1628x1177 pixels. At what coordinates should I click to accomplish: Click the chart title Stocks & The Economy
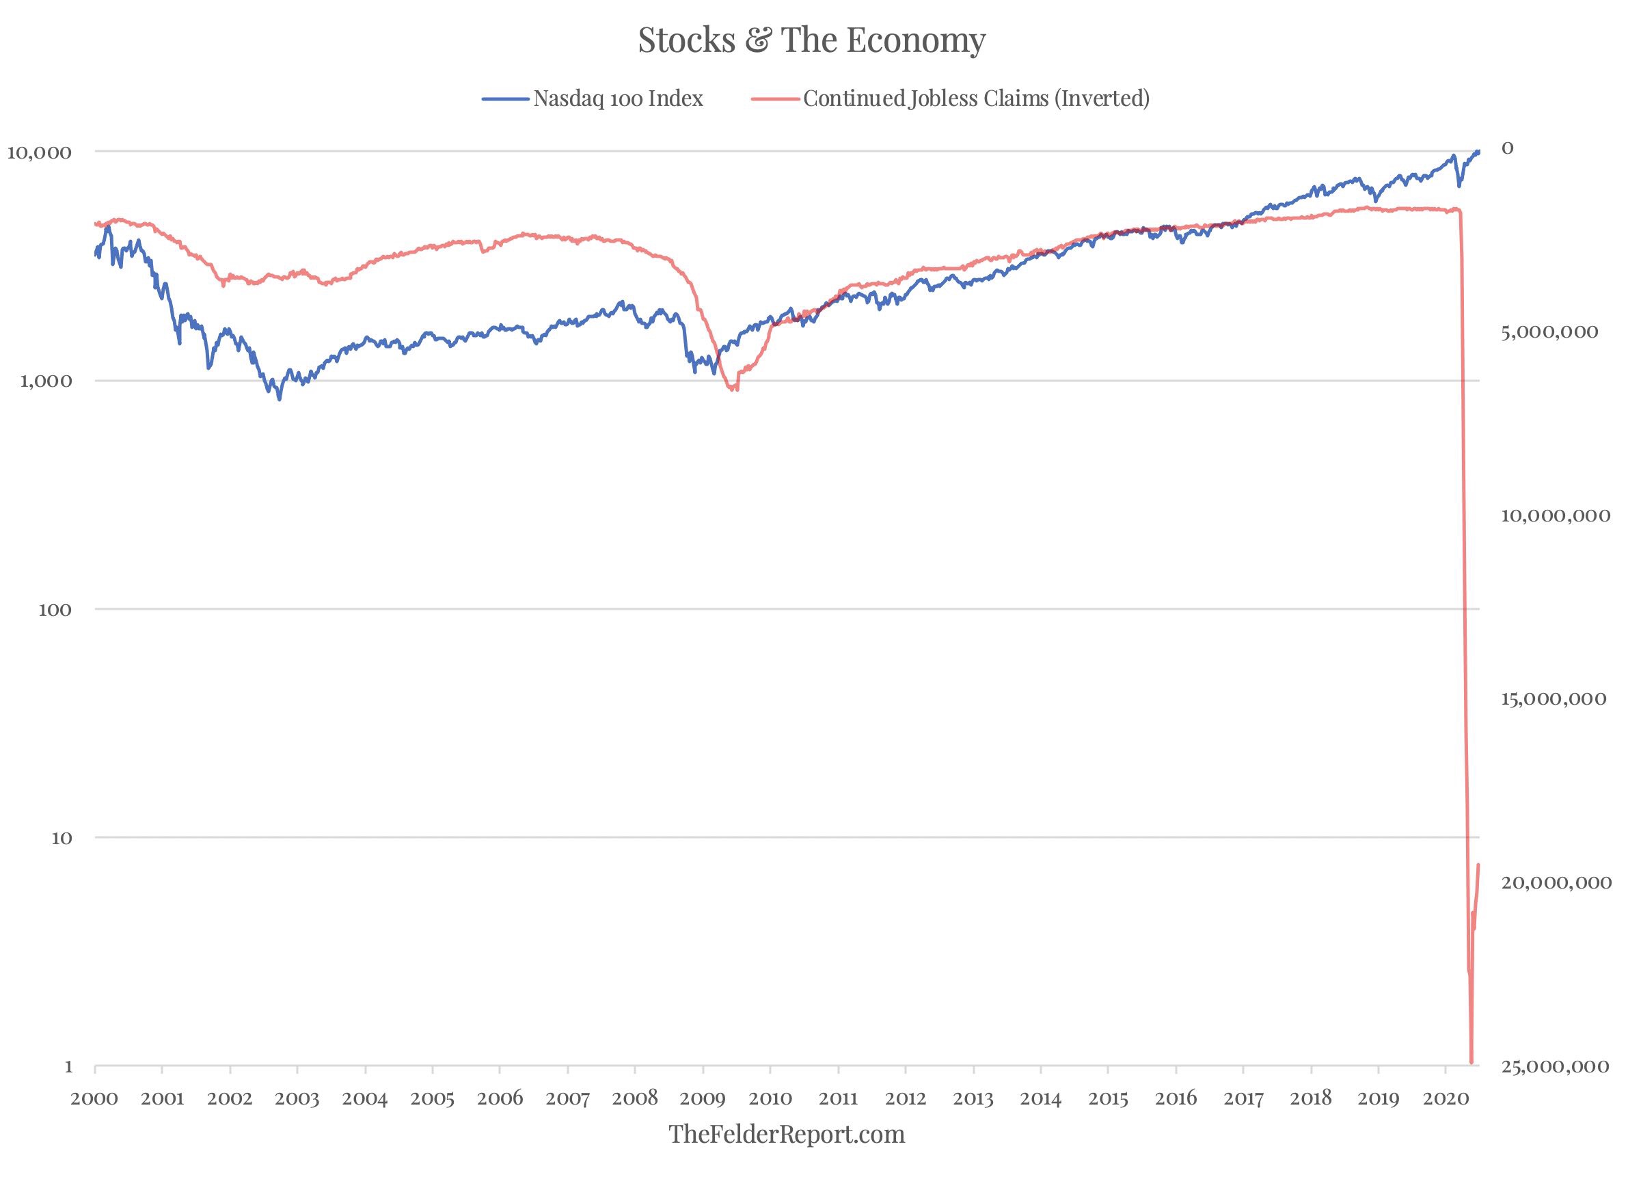[811, 40]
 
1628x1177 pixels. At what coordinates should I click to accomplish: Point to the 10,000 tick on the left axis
[39, 152]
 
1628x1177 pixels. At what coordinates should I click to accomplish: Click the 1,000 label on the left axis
[46, 381]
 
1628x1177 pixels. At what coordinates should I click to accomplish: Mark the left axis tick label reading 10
[63, 837]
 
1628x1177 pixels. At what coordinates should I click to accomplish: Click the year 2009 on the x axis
[702, 1098]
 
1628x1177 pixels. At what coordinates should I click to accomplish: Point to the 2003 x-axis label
[297, 1098]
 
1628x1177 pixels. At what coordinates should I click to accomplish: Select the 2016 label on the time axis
[1176, 1098]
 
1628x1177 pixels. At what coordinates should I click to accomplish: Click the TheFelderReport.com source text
[787, 1135]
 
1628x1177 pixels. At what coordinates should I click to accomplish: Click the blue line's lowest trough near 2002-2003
[280, 398]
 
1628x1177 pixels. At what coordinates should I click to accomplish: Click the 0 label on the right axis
[1508, 148]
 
